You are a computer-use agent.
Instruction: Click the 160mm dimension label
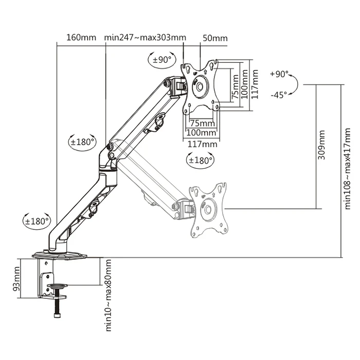point(81,38)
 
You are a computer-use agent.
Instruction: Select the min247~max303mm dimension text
point(145,38)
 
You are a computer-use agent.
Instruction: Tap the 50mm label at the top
point(215,38)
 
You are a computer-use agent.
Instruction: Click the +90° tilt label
point(279,75)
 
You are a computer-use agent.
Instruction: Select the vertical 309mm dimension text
point(321,145)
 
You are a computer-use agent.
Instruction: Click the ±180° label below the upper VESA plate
point(201,160)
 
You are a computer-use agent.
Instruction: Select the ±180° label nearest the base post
point(37,221)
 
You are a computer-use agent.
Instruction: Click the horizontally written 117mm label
point(201,143)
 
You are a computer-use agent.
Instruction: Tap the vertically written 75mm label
point(235,87)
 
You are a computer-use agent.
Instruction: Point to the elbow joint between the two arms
point(110,152)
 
